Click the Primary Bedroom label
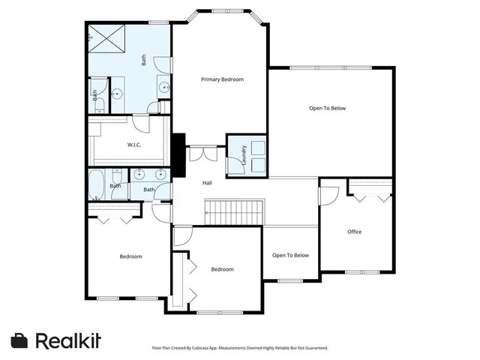click(222, 79)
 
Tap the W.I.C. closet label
click(134, 145)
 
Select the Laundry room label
click(244, 154)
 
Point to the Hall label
click(207, 183)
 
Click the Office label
click(354, 232)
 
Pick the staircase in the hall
click(235, 211)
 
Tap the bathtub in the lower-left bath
click(97, 184)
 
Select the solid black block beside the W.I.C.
click(179, 155)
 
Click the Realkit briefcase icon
click(19, 340)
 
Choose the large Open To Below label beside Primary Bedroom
click(328, 109)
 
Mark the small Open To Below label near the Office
click(290, 256)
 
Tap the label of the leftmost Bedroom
click(130, 256)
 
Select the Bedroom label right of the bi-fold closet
click(222, 269)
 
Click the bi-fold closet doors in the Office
click(370, 196)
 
